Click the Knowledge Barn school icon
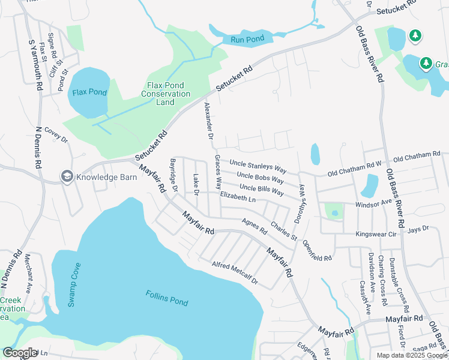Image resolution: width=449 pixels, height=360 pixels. tap(66, 176)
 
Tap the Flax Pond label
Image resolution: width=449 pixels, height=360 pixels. tap(89, 92)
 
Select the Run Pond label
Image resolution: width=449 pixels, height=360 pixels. tap(247, 40)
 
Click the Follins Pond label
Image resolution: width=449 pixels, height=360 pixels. tap(167, 298)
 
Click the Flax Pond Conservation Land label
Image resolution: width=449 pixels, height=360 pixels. tap(166, 94)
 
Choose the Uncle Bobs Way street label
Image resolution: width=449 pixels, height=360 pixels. tap(261, 178)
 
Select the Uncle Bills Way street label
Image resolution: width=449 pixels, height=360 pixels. tap(261, 190)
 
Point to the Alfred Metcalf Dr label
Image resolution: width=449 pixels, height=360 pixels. tap(235, 273)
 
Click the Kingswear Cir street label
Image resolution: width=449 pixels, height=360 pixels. tap(376, 233)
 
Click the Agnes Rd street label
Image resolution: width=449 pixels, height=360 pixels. tap(255, 226)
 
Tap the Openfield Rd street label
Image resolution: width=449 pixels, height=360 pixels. tap(317, 250)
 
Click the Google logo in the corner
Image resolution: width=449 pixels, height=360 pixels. tap(20, 353)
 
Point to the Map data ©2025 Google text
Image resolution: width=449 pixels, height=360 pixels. tap(412, 355)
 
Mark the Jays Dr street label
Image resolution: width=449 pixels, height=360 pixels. tap(418, 229)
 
